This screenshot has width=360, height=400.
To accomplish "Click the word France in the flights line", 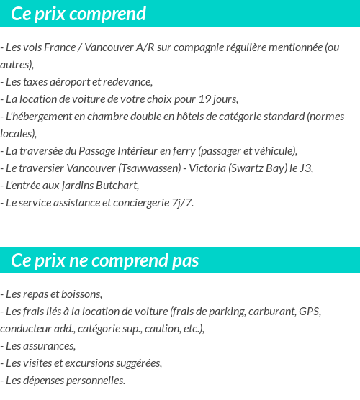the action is point(62,47).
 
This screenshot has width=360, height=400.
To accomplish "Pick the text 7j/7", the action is point(181,202).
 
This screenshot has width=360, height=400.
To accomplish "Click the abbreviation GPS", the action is point(309,312).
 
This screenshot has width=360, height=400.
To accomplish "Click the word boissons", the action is point(80,294).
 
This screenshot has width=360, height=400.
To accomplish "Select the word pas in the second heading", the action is point(185,260).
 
